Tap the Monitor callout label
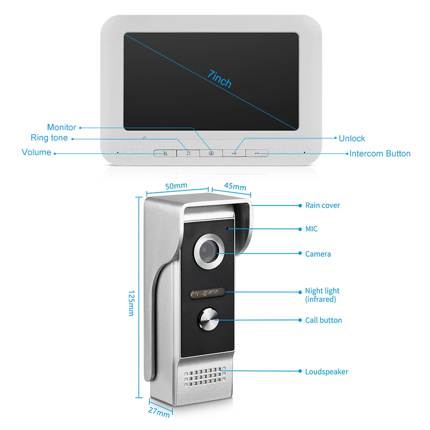[x=61, y=127]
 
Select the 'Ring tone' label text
[x=49, y=138]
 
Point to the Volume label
[x=37, y=152]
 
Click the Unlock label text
[x=352, y=138]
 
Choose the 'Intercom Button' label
[x=380, y=154]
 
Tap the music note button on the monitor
[x=188, y=153]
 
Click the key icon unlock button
[x=234, y=153]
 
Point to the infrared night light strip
[x=208, y=294]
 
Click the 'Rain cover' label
[x=322, y=206]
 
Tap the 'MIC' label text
[x=311, y=229]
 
